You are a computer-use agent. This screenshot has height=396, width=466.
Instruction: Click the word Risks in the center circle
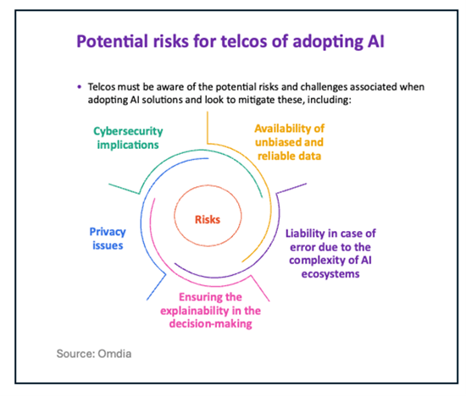[x=208, y=219]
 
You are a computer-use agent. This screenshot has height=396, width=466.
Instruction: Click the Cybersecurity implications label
[x=127, y=137]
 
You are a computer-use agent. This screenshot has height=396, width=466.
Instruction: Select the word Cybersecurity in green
[x=127, y=130]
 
